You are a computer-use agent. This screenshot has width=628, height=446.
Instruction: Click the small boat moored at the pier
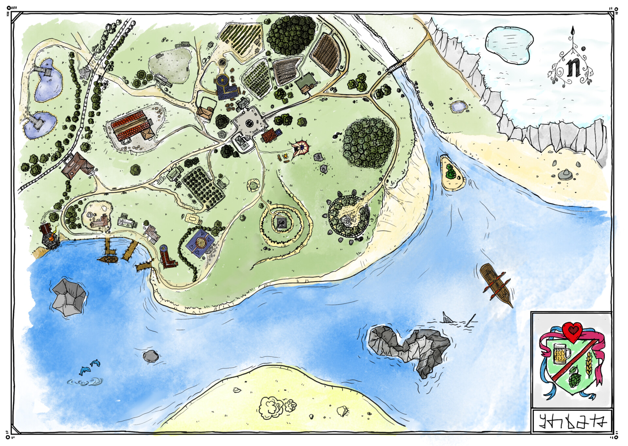tap(108, 259)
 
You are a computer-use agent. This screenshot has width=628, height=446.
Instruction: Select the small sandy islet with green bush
tap(452, 173)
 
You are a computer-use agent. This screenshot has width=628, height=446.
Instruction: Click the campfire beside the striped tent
tap(286, 157)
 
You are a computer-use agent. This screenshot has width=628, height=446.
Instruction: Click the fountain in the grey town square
tap(249, 123)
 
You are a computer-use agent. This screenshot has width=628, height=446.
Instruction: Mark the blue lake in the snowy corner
tap(509, 45)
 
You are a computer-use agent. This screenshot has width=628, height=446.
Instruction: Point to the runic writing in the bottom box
tap(571, 422)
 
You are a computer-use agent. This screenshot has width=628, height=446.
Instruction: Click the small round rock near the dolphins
tap(151, 356)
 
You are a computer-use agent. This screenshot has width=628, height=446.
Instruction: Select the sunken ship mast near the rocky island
tap(472, 319)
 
